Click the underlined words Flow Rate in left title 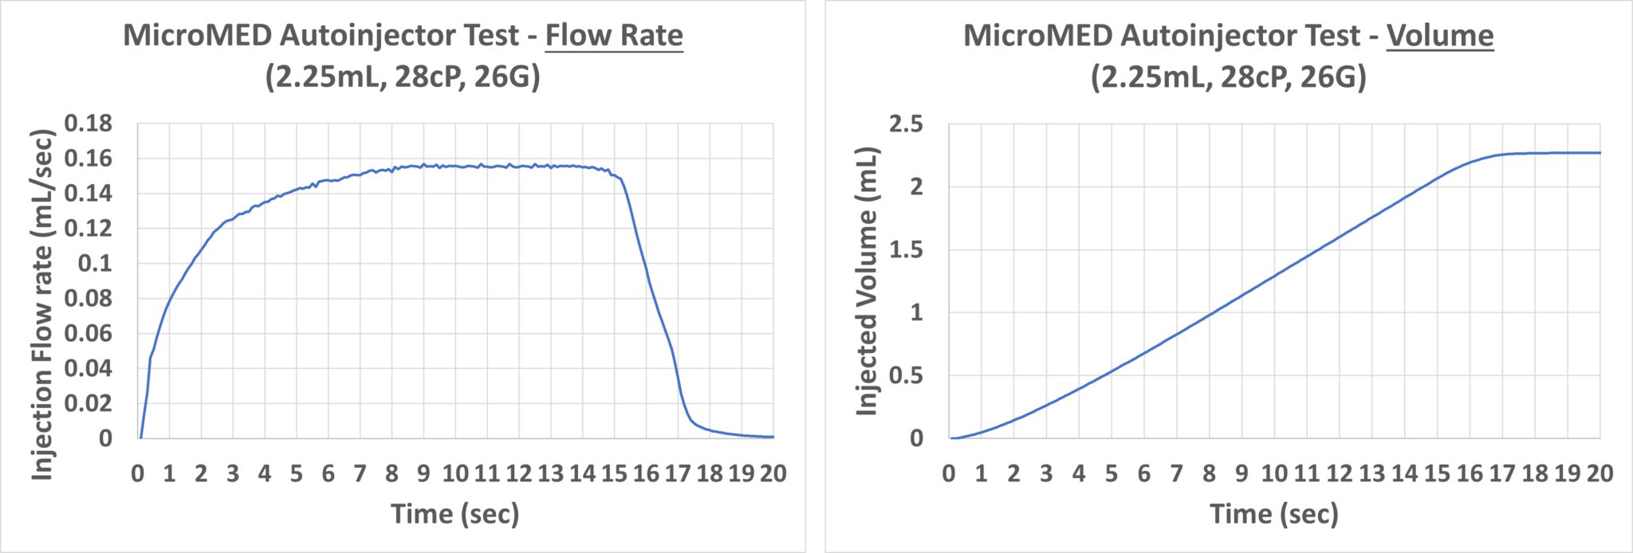tap(614, 36)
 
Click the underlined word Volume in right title tap(1439, 36)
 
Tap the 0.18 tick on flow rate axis tap(89, 124)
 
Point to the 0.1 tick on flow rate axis tap(95, 263)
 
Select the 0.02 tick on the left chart tap(89, 402)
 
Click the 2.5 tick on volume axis tap(906, 124)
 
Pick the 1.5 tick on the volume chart tap(906, 249)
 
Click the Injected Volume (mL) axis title tap(866, 281)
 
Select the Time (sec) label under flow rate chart tap(454, 513)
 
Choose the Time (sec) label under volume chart tap(1273, 513)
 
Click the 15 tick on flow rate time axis tap(614, 473)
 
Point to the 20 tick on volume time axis tap(1599, 473)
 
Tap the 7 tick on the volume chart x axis tap(1176, 473)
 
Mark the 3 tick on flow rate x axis tap(233, 473)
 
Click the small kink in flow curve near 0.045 tap(150, 359)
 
